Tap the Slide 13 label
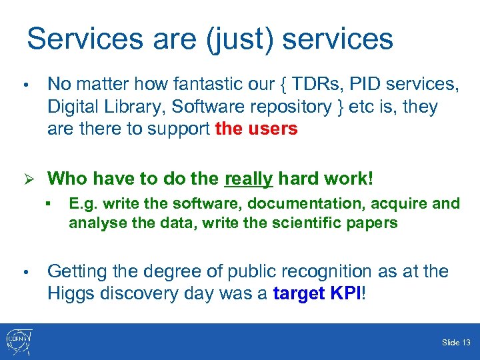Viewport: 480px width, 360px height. pos(456,343)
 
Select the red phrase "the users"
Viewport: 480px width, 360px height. pos(257,129)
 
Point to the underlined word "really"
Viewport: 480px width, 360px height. pos(249,179)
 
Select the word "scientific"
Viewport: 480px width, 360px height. pos(306,223)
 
